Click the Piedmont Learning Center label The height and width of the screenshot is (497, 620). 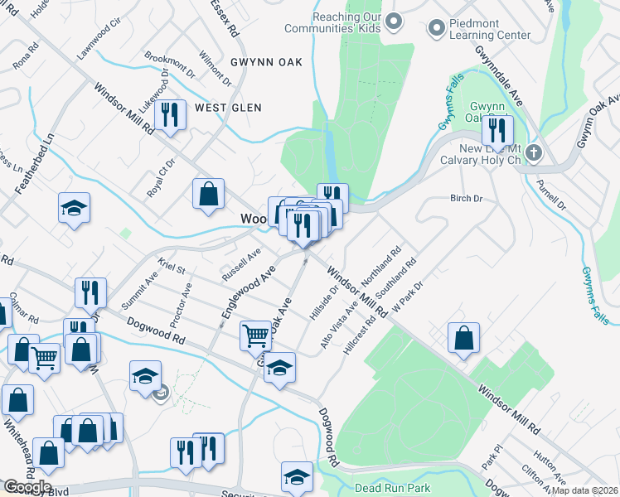(490, 29)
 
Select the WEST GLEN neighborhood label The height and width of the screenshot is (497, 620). (228, 108)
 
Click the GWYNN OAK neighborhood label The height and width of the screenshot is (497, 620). (243, 62)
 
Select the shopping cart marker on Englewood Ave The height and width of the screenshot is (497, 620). (256, 335)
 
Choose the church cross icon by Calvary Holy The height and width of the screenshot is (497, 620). (534, 152)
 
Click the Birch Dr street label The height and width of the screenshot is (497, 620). (466, 199)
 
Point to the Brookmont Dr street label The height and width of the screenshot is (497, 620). (169, 65)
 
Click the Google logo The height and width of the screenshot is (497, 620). (27, 487)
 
